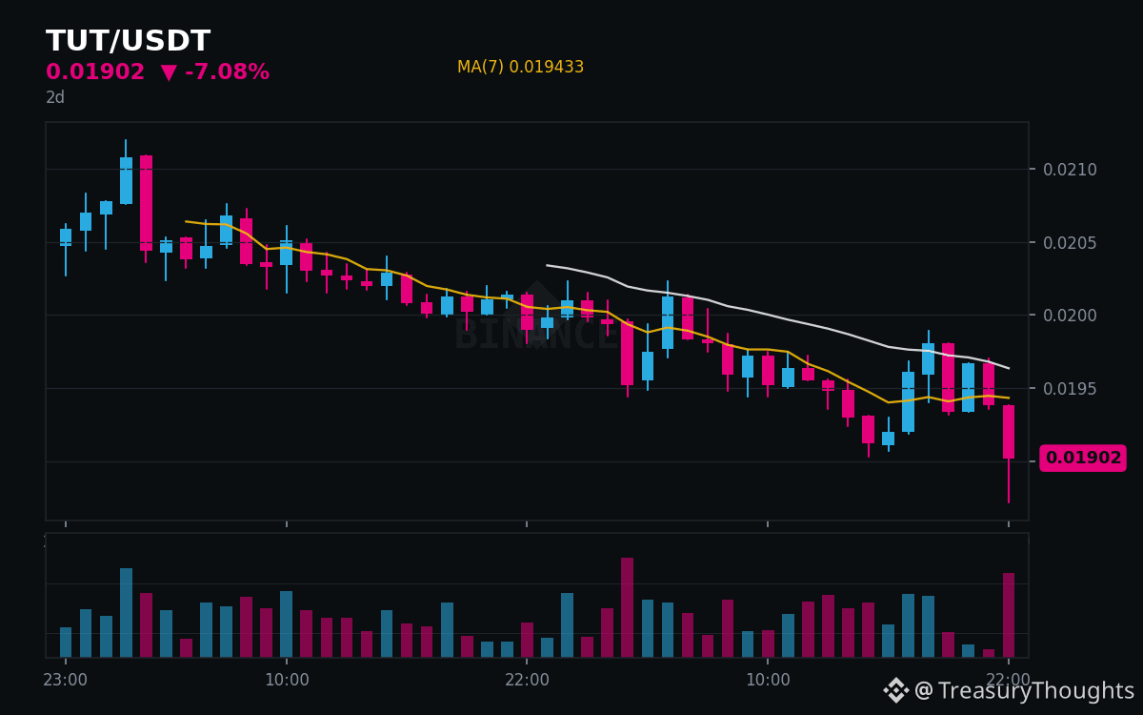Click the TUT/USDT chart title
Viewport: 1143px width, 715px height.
[128, 41]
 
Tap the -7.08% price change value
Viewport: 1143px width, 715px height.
[227, 71]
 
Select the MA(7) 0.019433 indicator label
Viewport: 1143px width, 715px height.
[520, 67]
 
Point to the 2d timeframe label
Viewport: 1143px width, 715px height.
[55, 97]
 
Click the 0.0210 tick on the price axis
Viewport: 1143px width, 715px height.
[1070, 170]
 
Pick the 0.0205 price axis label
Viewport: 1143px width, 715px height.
[1070, 242]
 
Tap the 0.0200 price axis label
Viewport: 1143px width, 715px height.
[1070, 316]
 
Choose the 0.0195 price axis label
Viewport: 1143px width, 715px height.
[1070, 389]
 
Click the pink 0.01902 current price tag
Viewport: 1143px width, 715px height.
[1083, 458]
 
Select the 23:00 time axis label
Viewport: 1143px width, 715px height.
[66, 680]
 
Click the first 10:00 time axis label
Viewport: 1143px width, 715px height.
[287, 680]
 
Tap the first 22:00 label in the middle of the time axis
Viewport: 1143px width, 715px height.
[527, 680]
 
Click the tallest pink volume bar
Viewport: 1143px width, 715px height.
[627, 607]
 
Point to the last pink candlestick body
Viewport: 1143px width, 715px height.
[1009, 432]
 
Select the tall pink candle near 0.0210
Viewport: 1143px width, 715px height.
[146, 203]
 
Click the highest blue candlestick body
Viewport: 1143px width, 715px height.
[126, 180]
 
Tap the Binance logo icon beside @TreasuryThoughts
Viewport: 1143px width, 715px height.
[896, 690]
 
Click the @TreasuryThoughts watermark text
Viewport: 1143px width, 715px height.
[1024, 690]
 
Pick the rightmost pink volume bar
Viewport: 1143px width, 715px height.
[1009, 615]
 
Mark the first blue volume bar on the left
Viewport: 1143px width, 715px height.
[66, 642]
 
